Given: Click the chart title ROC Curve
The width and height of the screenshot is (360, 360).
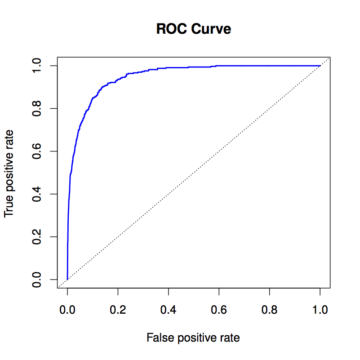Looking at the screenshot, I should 194,29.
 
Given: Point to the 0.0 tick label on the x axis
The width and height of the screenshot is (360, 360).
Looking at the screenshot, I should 67,309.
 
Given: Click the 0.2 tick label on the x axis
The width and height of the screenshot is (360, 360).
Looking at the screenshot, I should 118,309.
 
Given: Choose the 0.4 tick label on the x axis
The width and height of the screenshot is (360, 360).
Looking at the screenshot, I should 169,309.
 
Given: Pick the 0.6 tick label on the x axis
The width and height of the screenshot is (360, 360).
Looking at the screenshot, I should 219,309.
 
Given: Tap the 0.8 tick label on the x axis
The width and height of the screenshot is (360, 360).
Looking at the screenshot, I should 270,309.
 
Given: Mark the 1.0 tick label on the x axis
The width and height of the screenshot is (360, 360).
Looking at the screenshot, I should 320,309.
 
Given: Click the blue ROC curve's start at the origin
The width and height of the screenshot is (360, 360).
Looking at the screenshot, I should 67,279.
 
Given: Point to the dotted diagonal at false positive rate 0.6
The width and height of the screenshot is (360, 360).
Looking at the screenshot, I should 219,151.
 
